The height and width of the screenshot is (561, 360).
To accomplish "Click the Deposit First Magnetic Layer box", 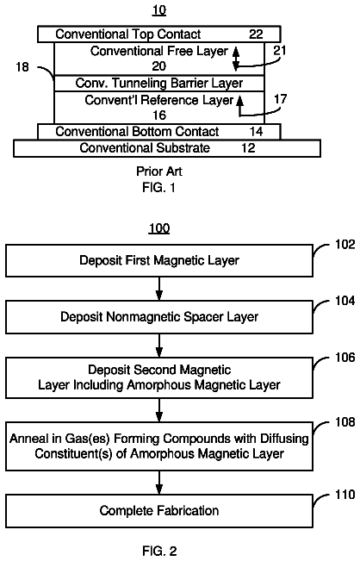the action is pos(159,260).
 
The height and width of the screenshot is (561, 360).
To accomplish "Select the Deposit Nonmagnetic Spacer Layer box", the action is pos(159,317).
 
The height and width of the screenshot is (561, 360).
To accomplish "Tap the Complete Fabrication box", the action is pos(159,511).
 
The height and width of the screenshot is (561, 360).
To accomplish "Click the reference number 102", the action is pos(344,245).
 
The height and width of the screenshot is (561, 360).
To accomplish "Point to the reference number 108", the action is pos(344,422).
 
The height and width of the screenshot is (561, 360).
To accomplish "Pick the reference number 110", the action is pos(344,495).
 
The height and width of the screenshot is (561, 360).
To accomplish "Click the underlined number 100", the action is pos(159,228).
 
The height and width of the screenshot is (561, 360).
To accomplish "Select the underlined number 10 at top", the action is pos(159,10).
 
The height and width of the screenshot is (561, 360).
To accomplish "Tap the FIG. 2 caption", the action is pos(159,551).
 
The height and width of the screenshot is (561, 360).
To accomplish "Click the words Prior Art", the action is pos(159,171).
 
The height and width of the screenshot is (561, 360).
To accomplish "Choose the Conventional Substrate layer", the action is pos(167,148).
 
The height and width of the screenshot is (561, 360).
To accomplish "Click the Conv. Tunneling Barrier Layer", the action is pos(159,84).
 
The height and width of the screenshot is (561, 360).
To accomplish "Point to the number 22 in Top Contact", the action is pos(256,34).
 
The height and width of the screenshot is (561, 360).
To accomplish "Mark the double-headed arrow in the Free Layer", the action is pos(236,59).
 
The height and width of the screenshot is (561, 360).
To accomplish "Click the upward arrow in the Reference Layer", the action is pos(240,105).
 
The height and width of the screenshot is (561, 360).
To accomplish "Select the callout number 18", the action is pos(22,67).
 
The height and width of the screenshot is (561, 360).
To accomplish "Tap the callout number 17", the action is pos(280,99).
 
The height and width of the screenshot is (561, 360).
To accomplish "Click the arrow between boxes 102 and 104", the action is pos(159,289).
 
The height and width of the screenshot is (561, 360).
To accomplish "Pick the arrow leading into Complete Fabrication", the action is pos(159,483).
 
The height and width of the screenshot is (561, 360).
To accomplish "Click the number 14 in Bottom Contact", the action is pos(256,132).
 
